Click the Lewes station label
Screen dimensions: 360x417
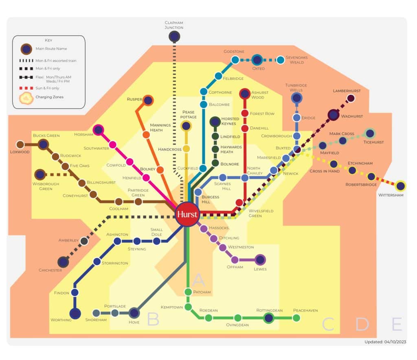click(x=260, y=269)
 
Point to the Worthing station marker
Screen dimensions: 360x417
click(x=75, y=314)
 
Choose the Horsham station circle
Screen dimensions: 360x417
click(x=98, y=130)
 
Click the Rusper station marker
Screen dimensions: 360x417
click(x=148, y=100)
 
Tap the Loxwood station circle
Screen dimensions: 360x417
click(x=20, y=144)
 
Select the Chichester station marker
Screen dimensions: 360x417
click(x=63, y=261)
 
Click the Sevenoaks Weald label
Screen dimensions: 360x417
click(x=296, y=60)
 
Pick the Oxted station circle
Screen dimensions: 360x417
click(x=257, y=60)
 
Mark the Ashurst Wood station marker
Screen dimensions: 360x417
click(x=245, y=94)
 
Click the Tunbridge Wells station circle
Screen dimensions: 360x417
click(x=297, y=98)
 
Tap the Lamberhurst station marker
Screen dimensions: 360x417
click(x=351, y=98)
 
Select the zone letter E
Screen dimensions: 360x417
click(x=397, y=325)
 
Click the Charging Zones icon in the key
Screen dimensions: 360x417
click(x=26, y=97)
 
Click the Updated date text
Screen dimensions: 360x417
click(x=385, y=342)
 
